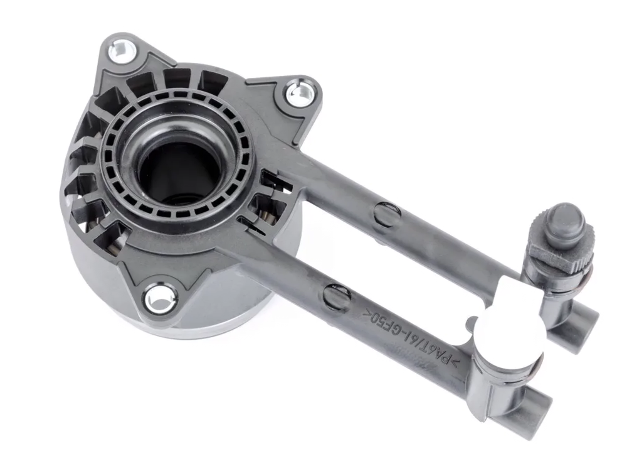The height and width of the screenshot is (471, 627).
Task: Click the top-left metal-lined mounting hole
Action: (122, 51)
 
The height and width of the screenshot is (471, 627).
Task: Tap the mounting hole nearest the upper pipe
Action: (300, 94)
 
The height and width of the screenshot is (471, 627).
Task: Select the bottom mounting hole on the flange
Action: (160, 298)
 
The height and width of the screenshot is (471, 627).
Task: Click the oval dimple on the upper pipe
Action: (387, 214)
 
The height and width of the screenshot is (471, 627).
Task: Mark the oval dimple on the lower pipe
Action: (337, 296)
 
